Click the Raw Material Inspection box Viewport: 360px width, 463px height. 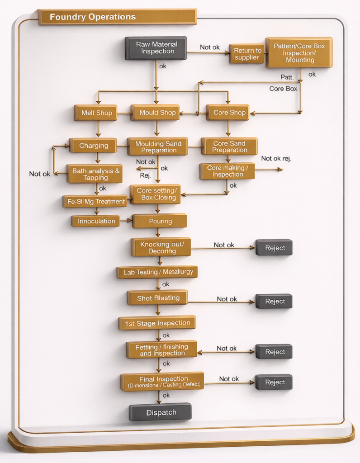156,48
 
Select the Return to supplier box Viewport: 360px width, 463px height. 247,54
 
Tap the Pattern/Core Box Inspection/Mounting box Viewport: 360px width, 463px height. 299,52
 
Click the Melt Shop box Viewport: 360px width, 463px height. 96,113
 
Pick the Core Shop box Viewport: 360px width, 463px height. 228,113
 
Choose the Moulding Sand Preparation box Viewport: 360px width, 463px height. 158,146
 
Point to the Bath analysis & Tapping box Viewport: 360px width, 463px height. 95,174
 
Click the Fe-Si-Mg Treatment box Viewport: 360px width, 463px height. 95,201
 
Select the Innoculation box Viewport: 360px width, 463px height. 96,221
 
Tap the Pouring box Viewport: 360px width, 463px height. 160,221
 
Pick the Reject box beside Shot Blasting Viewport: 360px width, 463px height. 274,301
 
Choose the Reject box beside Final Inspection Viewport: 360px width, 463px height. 274,382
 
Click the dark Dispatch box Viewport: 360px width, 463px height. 161,412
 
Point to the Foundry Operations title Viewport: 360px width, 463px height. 93,17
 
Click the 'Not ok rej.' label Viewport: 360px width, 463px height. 276,158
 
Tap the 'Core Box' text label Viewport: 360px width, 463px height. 283,89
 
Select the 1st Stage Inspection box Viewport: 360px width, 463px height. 157,323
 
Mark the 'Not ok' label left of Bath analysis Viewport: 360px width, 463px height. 40,174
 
